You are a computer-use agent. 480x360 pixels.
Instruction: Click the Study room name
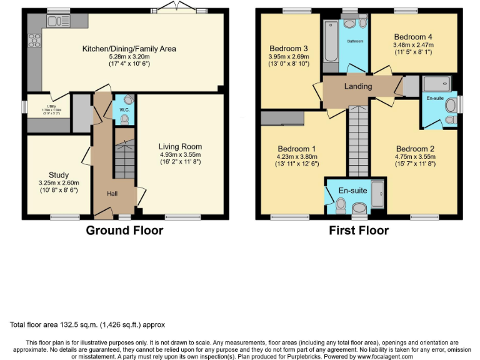59,174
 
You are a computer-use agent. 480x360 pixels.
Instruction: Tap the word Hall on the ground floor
112,194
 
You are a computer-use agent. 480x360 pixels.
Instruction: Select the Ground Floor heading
124,231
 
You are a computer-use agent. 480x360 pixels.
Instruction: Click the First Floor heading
359,231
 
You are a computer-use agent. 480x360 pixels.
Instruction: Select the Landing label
358,86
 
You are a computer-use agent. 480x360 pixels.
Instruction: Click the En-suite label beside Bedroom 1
354,190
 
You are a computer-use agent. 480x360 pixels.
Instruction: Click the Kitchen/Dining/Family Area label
129,49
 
